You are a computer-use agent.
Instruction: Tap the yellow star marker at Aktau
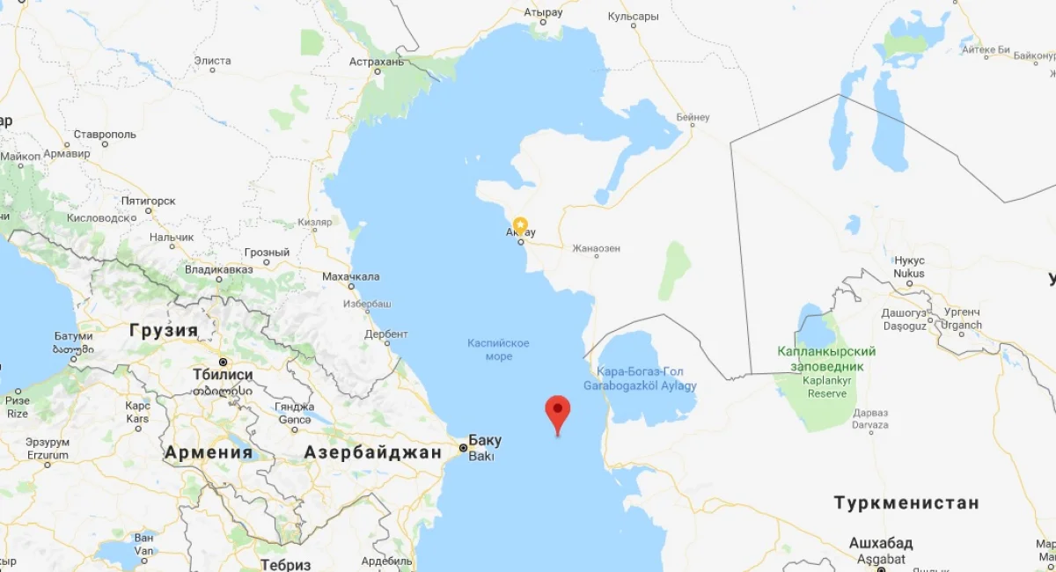(520, 224)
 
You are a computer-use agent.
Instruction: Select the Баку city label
(485, 440)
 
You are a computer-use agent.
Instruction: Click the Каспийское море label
(498, 348)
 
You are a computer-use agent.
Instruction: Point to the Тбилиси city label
(223, 375)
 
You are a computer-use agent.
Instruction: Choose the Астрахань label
(376, 62)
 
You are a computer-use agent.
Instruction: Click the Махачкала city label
(351, 276)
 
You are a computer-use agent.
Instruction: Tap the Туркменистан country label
(906, 502)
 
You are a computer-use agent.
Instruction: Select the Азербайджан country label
(373, 452)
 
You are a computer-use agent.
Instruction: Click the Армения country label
(208, 452)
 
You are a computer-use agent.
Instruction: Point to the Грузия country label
(164, 331)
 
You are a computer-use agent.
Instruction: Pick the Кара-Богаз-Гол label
(640, 371)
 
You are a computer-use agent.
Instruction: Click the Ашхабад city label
(880, 542)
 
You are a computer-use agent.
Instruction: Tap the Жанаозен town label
(596, 249)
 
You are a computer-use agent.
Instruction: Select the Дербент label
(385, 334)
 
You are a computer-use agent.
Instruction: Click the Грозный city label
(267, 253)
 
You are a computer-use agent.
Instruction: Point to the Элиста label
(212, 61)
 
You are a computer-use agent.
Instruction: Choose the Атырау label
(543, 13)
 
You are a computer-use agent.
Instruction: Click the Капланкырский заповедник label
(826, 358)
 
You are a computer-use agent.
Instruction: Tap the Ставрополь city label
(105, 135)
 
